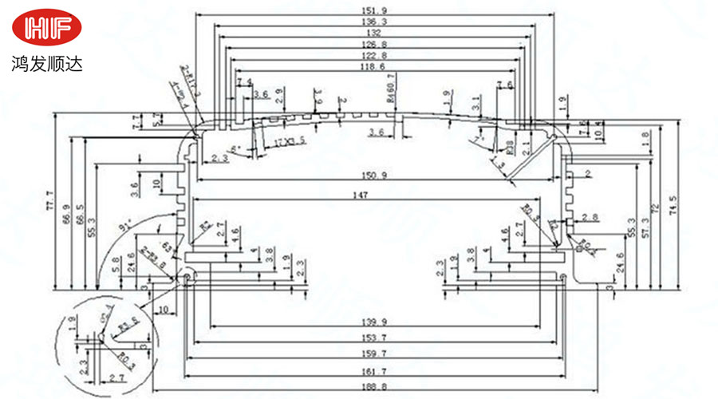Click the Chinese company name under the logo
[x=47, y=61]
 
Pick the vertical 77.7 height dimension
[x=50, y=196]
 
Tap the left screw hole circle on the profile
[x=188, y=278]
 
